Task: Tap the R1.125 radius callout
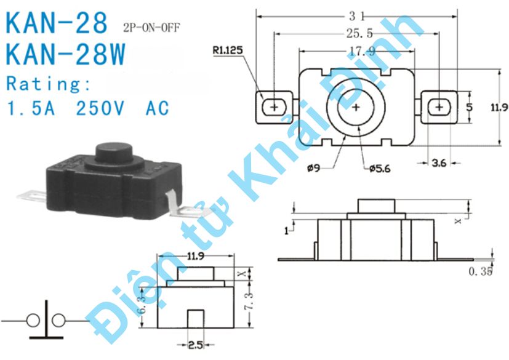click(x=229, y=52)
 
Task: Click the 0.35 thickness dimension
click(x=480, y=271)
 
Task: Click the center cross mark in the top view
click(x=356, y=107)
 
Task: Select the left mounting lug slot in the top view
click(x=273, y=107)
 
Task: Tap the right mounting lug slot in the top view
click(x=439, y=107)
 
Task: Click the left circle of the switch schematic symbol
click(x=33, y=321)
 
